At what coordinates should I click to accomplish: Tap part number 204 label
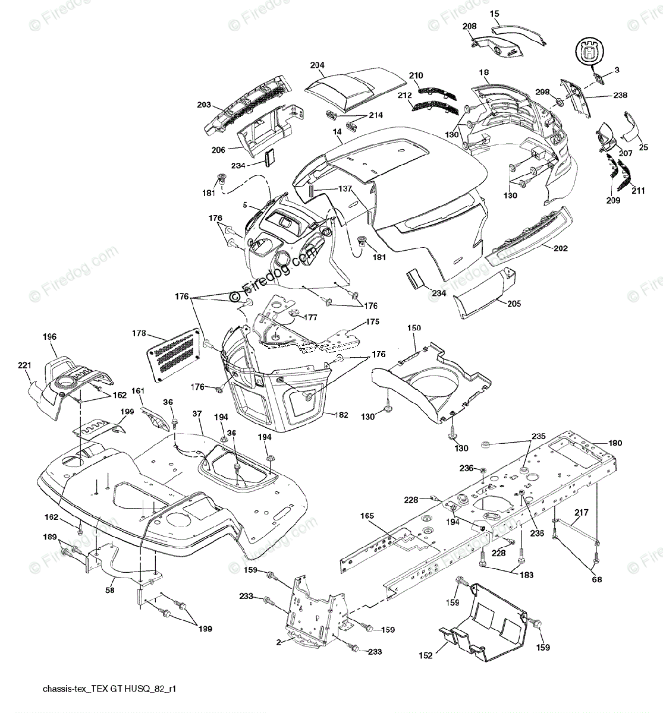317,65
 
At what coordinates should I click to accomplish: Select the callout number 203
205,105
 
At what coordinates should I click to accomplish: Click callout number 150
414,328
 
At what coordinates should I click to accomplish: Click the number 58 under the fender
109,591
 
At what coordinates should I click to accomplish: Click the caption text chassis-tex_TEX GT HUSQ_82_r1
109,690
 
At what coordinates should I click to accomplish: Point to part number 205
514,304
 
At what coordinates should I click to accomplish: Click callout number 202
560,248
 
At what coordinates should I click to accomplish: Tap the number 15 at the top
495,12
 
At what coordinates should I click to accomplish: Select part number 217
582,512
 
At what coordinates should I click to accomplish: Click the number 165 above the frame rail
367,516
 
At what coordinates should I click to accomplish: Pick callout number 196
49,337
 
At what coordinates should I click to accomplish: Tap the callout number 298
542,92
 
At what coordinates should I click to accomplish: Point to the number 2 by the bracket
278,642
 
